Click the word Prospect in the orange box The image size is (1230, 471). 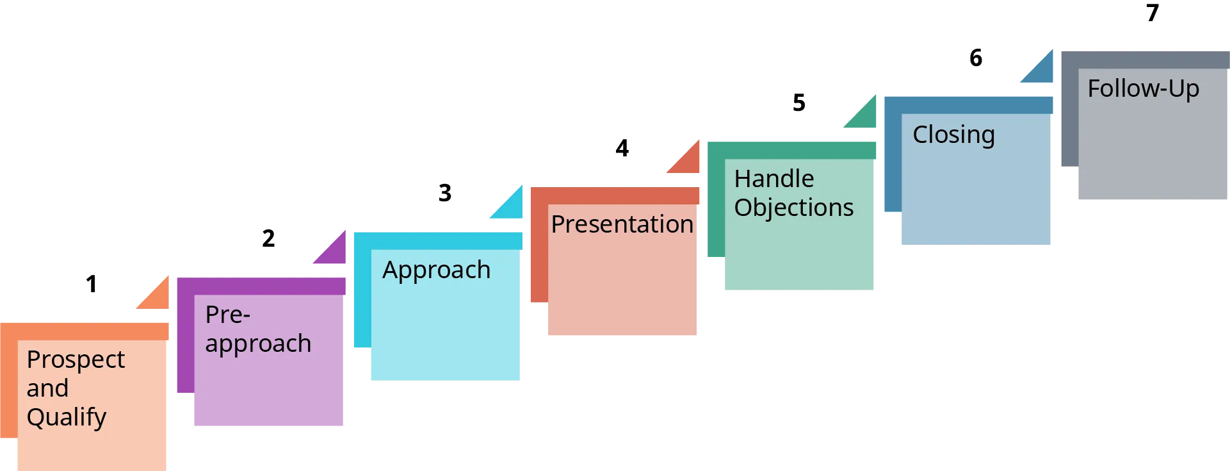point(76,360)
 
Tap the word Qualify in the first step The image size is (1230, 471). point(66,417)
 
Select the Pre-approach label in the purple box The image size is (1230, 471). point(257,329)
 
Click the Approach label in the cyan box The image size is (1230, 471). point(436,270)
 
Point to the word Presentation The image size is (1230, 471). point(622,224)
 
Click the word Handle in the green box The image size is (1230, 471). point(773,179)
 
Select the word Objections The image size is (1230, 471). point(793,208)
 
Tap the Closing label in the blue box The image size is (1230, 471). point(953,135)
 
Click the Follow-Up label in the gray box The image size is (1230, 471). point(1143,89)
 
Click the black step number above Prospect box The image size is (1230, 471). point(90,281)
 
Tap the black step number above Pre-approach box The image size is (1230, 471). point(269,238)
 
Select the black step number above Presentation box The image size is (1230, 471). point(622,149)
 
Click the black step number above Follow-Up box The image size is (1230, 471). point(1152,11)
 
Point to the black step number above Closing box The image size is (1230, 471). point(975,56)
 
